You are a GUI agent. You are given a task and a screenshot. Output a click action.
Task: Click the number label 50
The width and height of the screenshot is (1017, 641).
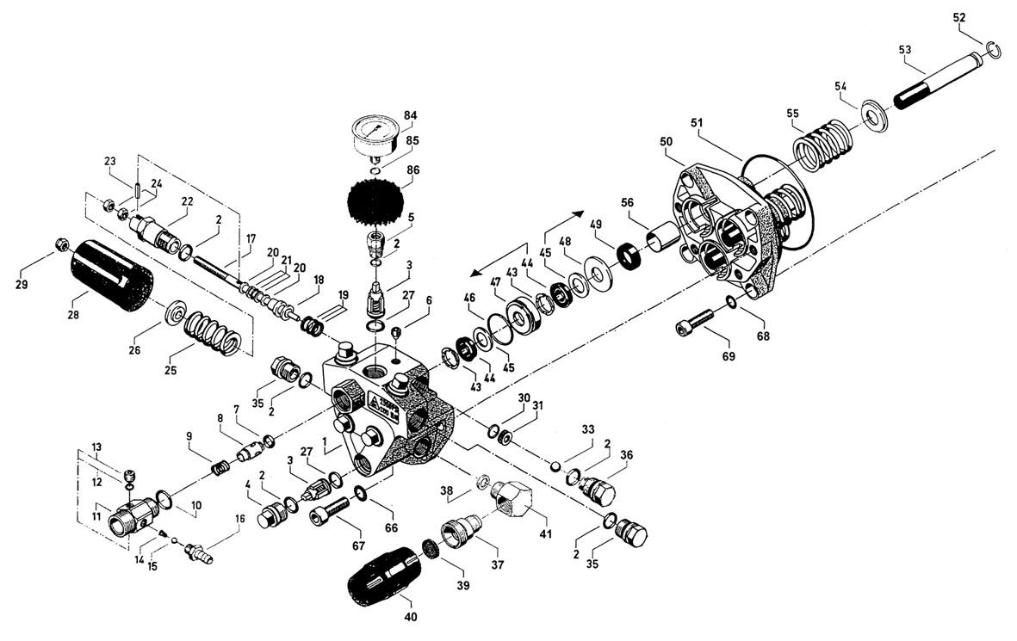pos(666,140)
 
